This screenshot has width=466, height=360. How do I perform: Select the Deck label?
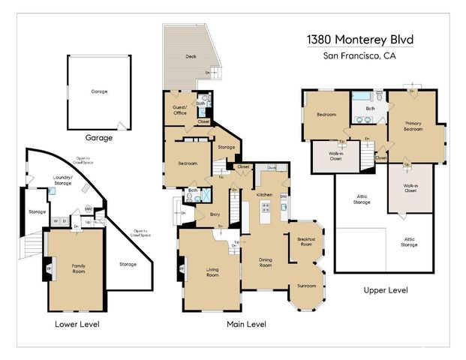[191, 56]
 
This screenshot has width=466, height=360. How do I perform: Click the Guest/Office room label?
[180, 111]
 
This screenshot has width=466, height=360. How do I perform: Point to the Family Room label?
[78, 268]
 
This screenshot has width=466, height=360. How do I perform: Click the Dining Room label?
[266, 262]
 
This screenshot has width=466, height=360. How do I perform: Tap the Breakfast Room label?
[306, 242]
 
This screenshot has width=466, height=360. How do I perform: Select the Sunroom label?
[306, 286]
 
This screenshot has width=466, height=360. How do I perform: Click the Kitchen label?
[264, 194]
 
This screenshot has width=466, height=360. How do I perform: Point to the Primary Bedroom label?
[413, 126]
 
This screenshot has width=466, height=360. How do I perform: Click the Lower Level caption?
[77, 324]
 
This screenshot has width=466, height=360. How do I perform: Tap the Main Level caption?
[247, 324]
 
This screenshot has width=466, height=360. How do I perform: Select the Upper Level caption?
[385, 289]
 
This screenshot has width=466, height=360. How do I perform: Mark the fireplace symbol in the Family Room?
[50, 268]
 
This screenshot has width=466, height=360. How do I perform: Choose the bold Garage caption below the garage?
[98, 138]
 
